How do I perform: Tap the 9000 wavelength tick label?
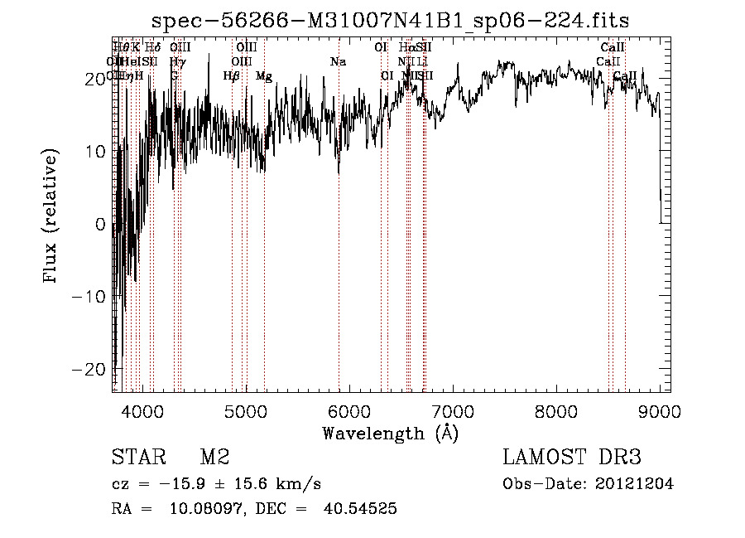tap(660, 410)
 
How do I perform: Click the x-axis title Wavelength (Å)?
tap(390, 433)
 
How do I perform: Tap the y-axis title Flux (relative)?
tap(51, 217)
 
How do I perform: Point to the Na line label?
tap(338, 62)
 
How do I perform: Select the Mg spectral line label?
tap(263, 76)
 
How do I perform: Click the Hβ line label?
tap(232, 76)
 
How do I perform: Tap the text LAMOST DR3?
tap(571, 458)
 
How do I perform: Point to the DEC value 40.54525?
tap(362, 509)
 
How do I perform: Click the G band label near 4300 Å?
tap(175, 76)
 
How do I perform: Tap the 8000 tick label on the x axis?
tap(555, 410)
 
